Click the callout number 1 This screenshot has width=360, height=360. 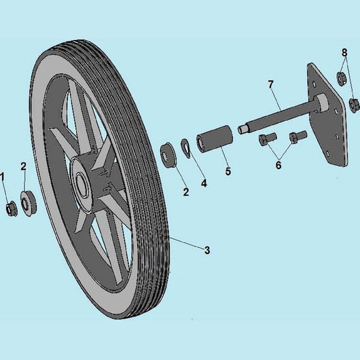tap(2, 178)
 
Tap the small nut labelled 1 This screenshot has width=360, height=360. tap(11, 208)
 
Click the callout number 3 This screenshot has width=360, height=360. tap(207, 250)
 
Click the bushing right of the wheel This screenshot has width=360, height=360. tap(168, 155)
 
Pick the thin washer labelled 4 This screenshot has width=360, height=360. tap(186, 148)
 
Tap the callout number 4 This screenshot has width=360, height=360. tap(204, 183)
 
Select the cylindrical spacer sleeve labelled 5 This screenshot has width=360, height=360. tap(214, 139)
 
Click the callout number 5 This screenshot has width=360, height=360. tap(228, 171)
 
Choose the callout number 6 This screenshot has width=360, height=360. tap(278, 164)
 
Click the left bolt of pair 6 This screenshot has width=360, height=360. tap(267, 139)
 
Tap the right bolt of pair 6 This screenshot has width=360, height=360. tap(298, 137)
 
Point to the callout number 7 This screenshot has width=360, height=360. tap(271, 84)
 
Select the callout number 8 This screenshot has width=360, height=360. tap(344, 52)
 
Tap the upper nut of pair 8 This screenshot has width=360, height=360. tap(341, 79)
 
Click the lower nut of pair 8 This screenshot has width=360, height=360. tap(354, 105)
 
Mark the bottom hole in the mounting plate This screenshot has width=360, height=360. tap(327, 153)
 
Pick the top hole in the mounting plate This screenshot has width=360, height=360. tap(314, 85)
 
